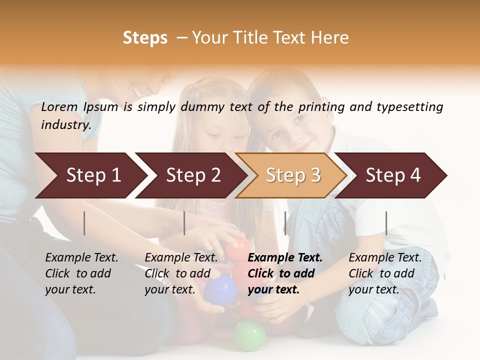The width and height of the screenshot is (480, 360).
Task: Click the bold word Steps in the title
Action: coord(145,38)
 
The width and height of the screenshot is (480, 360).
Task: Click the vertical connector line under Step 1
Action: coord(84,223)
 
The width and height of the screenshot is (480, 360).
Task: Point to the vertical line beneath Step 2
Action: coord(184,223)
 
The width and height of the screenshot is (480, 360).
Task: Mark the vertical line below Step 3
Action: coord(285,223)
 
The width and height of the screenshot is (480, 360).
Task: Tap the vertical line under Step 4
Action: coord(386,223)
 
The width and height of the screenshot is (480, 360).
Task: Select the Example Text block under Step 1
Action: coord(81,273)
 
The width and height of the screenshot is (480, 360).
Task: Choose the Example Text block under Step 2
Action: coord(181,273)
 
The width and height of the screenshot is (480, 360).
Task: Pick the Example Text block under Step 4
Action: coord(385,273)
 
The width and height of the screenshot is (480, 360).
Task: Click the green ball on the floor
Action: coord(250,335)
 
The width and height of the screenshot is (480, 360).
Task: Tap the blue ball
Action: coord(220,289)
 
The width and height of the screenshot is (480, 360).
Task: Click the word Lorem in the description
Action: coord(59,107)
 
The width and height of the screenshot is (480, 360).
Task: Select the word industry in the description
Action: coord(65,125)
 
